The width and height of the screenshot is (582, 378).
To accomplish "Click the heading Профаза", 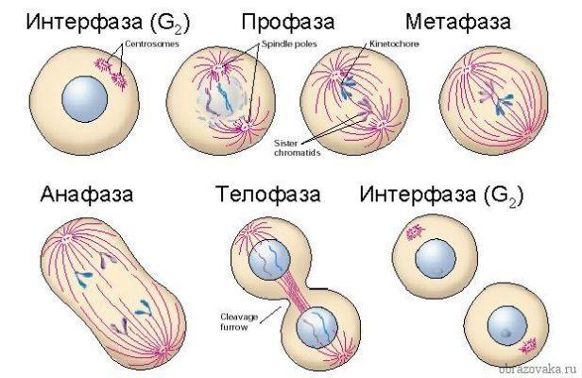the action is [x=287, y=23].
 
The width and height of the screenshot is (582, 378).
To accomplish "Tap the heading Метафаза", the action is [x=458, y=22].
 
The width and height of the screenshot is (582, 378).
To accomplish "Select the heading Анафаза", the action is [x=87, y=196].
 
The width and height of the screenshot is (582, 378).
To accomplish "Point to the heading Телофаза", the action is [x=268, y=196].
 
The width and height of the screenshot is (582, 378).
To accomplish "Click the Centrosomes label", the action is [x=152, y=43].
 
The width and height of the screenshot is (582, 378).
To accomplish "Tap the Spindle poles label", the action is [x=289, y=43].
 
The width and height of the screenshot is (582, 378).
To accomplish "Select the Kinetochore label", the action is [x=394, y=43].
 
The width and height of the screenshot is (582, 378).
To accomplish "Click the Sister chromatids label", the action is [x=297, y=147].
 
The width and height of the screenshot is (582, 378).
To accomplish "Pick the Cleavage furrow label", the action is [x=239, y=322].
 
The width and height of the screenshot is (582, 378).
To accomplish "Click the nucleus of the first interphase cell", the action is [x=85, y=99].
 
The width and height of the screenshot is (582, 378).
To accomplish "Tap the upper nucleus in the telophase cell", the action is [x=269, y=260].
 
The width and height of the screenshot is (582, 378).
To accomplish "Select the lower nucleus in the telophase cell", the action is [x=317, y=328].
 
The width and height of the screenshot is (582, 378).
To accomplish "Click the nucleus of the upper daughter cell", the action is [x=435, y=258].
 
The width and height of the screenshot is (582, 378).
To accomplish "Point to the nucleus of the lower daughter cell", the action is [x=507, y=327].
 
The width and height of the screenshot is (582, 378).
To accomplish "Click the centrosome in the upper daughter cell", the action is [x=414, y=232].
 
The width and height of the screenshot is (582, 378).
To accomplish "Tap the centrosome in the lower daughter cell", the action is [x=528, y=346].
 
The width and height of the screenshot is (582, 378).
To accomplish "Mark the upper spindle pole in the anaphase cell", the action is [x=67, y=238].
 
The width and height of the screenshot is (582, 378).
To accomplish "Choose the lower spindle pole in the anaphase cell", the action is [x=163, y=351].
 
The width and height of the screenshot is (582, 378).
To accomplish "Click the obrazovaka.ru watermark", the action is [x=539, y=369].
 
